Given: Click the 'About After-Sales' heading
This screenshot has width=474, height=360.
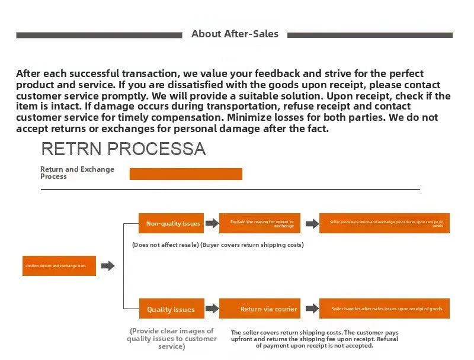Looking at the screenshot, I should coord(235,34).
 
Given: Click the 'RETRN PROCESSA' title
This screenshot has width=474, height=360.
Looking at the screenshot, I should coord(123,149).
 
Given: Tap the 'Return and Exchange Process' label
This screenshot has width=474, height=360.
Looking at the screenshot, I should coord(77,173).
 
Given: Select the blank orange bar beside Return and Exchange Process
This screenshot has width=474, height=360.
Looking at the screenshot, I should coord(185,174).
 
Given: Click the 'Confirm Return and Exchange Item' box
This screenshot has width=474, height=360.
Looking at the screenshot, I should coord(59,266).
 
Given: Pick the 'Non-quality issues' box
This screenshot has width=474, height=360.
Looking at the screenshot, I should coord(171,223).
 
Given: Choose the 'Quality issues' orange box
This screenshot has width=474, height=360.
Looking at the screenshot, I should coord(171,309).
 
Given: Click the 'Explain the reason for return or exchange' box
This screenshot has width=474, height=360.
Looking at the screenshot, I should coord(260,223).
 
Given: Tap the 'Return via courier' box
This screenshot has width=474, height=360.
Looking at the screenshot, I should coord(260,309).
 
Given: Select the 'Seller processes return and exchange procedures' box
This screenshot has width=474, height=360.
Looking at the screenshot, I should coord(384,223).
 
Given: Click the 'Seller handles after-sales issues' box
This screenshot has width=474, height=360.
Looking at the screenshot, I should coord(384,309).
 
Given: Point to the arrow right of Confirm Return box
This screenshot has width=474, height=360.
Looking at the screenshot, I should coord(108,266).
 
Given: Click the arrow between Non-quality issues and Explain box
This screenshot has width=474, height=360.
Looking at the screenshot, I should coord(212,223).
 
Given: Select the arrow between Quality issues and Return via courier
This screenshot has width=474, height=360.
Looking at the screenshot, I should coord(212,309).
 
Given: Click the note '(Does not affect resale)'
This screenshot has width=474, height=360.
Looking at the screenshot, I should coord(165,245).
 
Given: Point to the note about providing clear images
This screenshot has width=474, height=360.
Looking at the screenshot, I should coord(172,339).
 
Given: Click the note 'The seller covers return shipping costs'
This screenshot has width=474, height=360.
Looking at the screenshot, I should coord(315,339).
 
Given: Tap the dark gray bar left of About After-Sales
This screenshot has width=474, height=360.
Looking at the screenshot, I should coord(99,35).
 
